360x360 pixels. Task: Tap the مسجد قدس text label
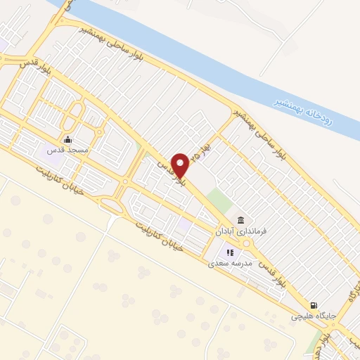click(66, 150)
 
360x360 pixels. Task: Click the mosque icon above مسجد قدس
click(67, 139)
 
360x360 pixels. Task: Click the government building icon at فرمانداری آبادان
click(240, 219)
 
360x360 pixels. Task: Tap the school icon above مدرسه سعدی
click(229, 252)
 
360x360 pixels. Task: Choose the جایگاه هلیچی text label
click(314, 316)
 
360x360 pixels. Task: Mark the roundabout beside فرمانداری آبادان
click(247, 243)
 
